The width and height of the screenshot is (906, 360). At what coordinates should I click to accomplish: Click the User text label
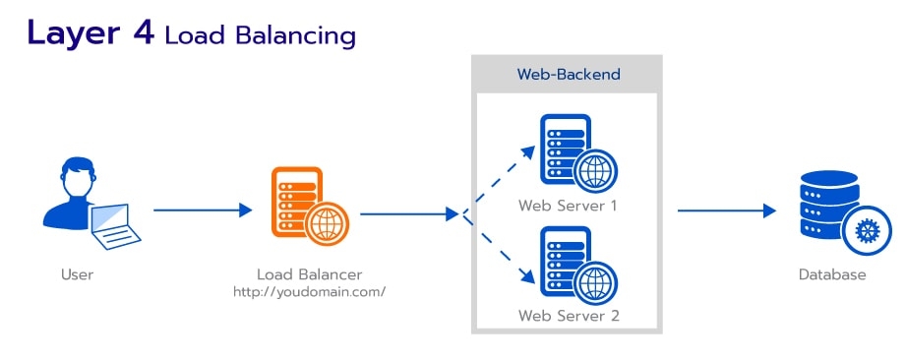point(77,274)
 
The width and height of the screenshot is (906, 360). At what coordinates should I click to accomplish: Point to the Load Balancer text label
point(309,274)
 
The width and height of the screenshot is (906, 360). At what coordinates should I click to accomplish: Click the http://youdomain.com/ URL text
point(309,292)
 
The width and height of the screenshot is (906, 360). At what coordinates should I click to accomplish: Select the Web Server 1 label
point(568,206)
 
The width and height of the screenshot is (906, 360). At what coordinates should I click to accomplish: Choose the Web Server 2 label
point(568,316)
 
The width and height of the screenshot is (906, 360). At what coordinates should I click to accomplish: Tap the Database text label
point(831,274)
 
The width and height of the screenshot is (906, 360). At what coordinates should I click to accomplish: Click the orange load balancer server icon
point(296,202)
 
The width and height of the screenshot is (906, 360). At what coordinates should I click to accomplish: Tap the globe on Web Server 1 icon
point(594,169)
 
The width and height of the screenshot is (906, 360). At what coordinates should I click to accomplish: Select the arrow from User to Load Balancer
point(203,210)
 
